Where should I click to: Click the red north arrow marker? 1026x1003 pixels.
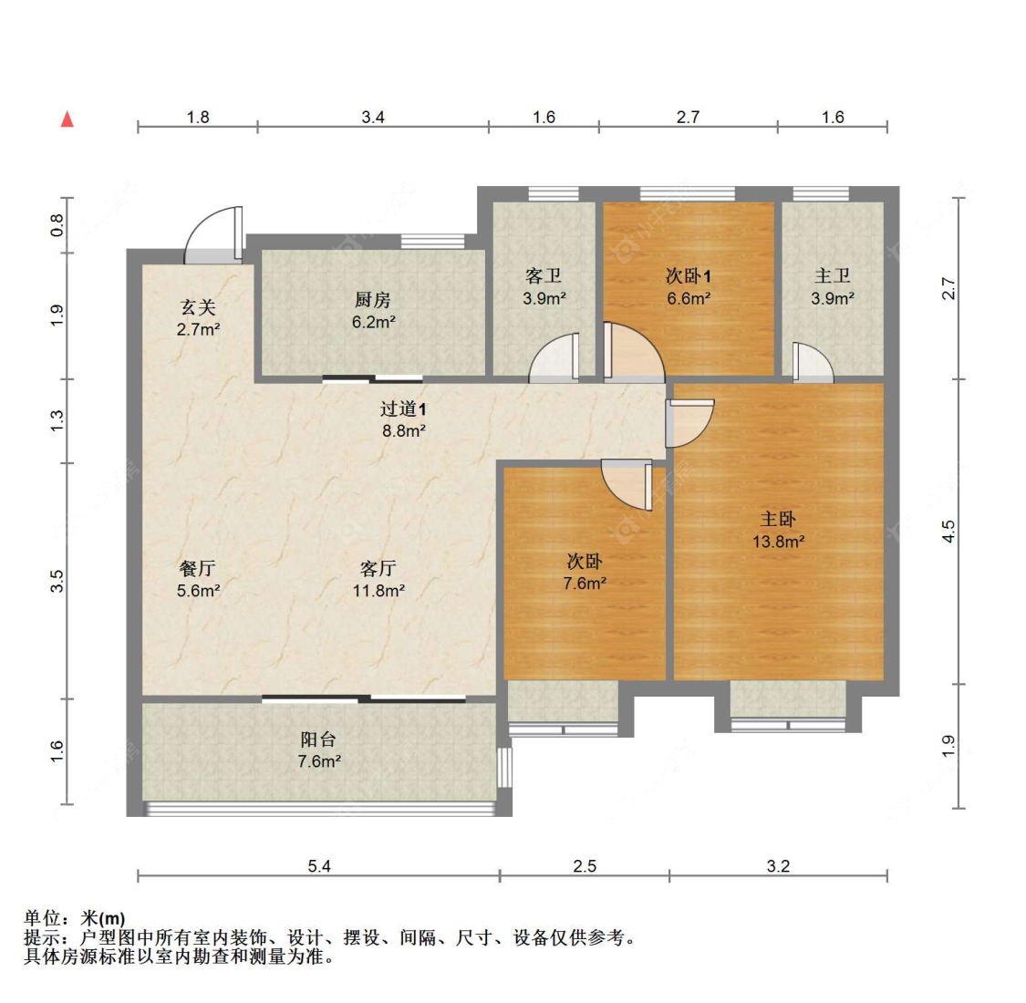click(67, 119)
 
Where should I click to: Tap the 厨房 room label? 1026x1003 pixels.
click(373, 299)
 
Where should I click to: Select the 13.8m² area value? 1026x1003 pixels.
click(778, 542)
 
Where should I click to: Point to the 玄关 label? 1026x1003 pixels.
click(198, 307)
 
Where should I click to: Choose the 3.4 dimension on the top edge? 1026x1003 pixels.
click(373, 117)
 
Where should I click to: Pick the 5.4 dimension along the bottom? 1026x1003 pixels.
click(318, 866)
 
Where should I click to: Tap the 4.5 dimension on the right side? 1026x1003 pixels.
click(948, 531)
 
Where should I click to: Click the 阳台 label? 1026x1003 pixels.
click(318, 739)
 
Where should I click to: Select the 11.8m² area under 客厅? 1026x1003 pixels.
click(378, 591)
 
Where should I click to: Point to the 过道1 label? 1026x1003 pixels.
click(403, 409)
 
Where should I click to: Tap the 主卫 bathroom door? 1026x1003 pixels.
click(811, 362)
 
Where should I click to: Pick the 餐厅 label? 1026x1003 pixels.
click(198, 568)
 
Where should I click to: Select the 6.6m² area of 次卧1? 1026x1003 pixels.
click(688, 298)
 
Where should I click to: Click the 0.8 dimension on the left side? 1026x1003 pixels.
click(57, 223)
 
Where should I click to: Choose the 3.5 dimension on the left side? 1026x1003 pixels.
click(57, 581)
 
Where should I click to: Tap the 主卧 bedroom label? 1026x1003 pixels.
click(778, 519)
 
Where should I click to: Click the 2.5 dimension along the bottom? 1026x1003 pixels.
click(585, 866)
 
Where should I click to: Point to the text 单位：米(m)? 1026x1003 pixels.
click(75, 918)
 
